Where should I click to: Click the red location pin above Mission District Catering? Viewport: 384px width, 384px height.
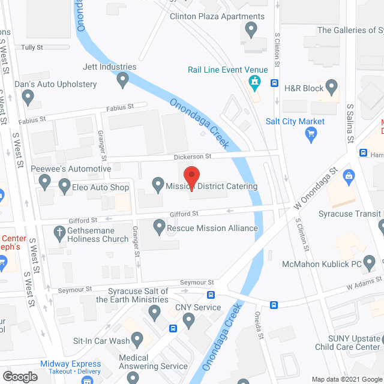(x=191, y=176)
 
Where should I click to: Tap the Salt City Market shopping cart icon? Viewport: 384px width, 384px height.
(x=311, y=134)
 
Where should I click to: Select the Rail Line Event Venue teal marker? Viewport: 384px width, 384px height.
(x=256, y=83)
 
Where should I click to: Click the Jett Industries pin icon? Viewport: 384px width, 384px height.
(x=123, y=80)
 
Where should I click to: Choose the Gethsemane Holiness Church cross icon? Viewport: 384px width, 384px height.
(x=59, y=232)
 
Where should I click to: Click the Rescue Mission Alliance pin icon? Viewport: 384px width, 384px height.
(x=159, y=227)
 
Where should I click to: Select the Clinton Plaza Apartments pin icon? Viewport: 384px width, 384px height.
(x=251, y=29)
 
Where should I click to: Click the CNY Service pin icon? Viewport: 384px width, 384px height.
(x=189, y=321)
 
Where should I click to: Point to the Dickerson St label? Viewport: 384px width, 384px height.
(x=193, y=156)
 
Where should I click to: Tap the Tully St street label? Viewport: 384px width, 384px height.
(x=32, y=47)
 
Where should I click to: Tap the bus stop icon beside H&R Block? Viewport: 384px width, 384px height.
(x=274, y=83)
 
